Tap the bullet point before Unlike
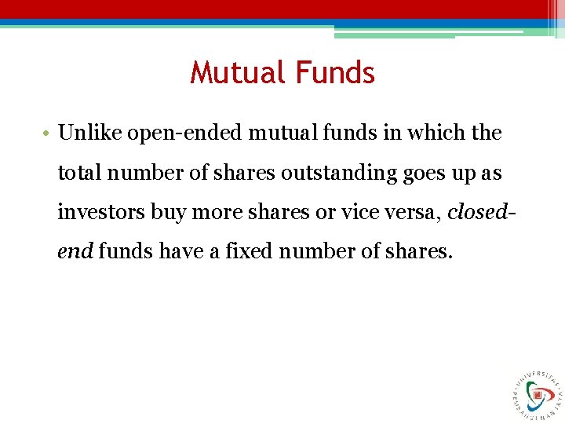49,133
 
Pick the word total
79,173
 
